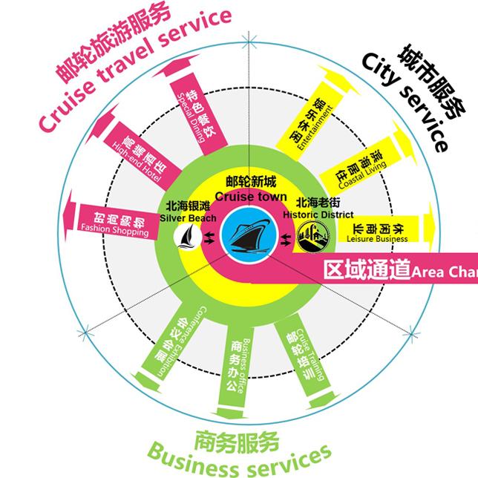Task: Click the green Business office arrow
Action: coord(238,356)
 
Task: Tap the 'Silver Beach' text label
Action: coord(189,217)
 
